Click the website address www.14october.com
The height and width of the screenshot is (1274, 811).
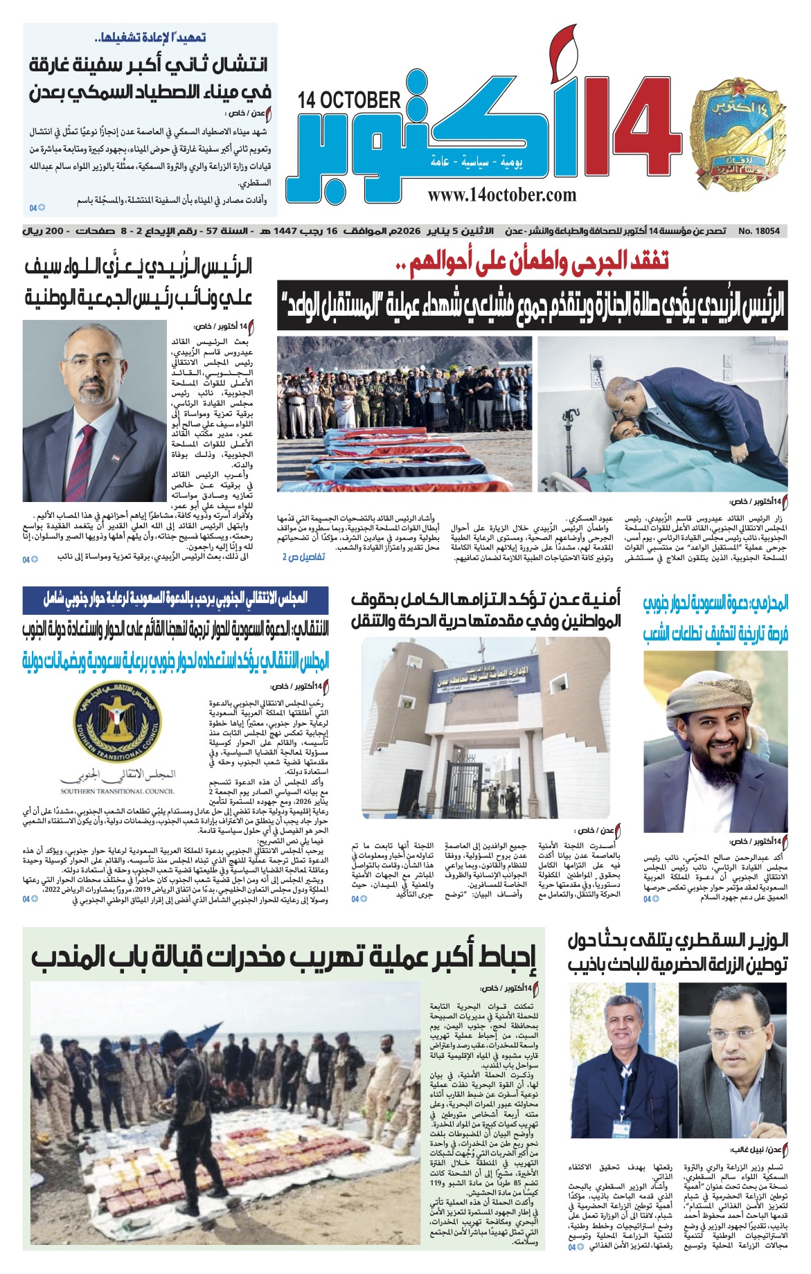[x=501, y=195]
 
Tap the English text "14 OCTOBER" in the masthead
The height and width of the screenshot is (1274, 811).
[x=349, y=101]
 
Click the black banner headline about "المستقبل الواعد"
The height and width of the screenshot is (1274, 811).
[x=531, y=305]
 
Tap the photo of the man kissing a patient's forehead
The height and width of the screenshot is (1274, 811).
[x=661, y=414]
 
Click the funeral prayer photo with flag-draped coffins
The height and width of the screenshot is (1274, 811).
[x=404, y=414]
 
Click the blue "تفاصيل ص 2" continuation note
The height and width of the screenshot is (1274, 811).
[x=303, y=557]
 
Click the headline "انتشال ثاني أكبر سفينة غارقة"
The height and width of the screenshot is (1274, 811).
[x=149, y=79]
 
